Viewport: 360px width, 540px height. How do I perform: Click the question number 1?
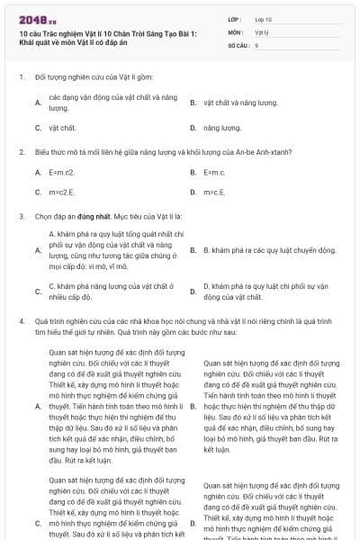click(21, 77)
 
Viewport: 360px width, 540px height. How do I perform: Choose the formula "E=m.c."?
click(214, 171)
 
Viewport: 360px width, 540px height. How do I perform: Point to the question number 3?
click(21, 217)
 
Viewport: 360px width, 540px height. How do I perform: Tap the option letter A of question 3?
click(38, 248)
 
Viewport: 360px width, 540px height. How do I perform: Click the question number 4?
click(21, 320)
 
